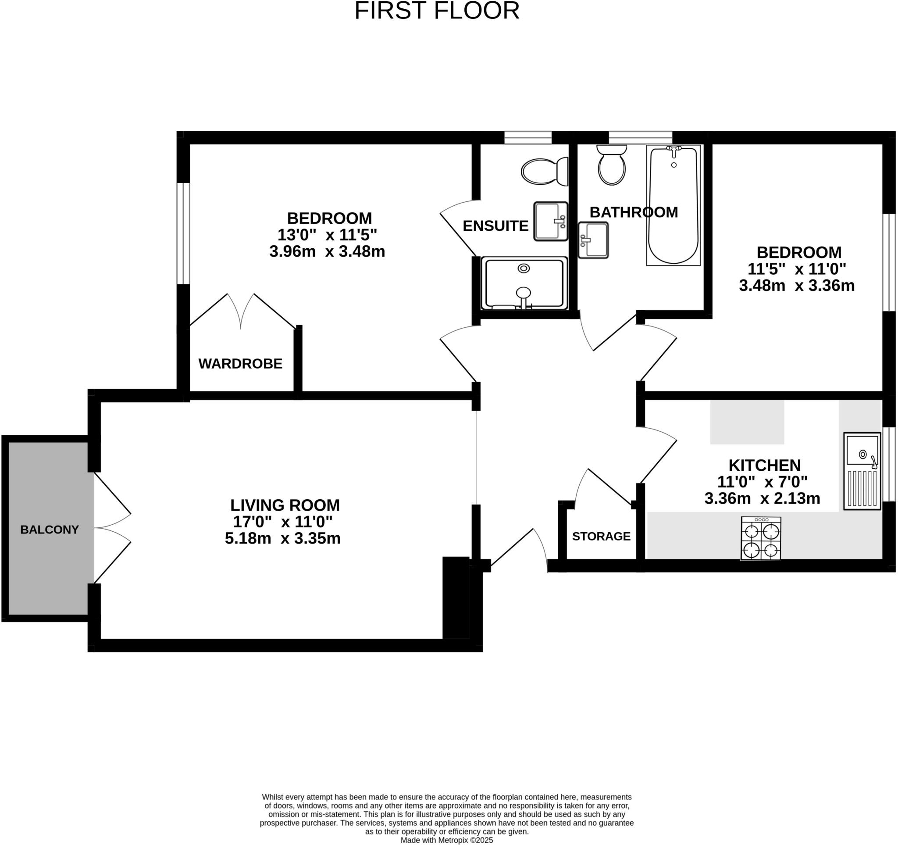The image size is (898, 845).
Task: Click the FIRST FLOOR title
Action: pos(437,11)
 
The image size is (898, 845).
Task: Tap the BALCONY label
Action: pos(49,530)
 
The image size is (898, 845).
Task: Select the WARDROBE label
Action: pos(240,364)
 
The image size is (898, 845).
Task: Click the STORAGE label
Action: pos(601,537)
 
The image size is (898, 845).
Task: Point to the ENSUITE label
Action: pos(495,226)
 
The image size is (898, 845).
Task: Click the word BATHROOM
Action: pos(633,212)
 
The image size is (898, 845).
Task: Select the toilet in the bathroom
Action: pos(612,165)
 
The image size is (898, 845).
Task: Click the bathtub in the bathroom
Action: pos(673,206)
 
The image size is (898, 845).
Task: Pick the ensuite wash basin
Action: pos(550,222)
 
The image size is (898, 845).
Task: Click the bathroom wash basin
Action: pos(593,240)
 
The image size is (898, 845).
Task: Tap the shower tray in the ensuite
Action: pos(524,284)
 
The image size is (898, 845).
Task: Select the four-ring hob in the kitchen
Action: pos(761,539)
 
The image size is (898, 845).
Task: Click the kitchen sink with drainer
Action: pos(862,471)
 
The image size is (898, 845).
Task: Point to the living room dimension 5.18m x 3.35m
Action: pos(282,539)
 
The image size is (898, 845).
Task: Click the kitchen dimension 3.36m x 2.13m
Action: pos(762,498)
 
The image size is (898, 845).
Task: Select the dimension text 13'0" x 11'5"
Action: pos(327,235)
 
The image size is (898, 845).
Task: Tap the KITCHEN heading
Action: pos(764,465)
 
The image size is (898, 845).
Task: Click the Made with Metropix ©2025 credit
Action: pos(446,840)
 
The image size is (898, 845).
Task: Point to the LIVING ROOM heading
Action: pos(285,505)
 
